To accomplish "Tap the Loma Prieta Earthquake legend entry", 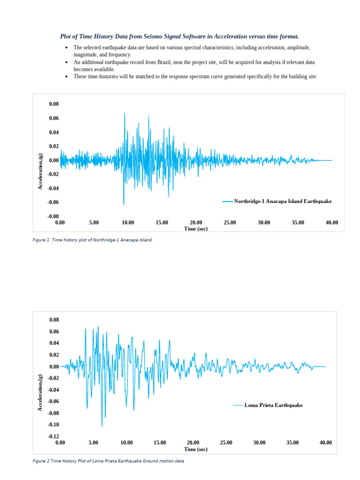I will [273, 405].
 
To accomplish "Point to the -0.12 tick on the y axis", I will [54, 436].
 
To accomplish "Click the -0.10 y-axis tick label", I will [54, 424].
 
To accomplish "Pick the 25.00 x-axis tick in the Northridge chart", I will [230, 222].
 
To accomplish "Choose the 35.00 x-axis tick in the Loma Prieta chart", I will [292, 442].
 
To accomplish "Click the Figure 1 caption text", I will [92, 240].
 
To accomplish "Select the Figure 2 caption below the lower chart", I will [108, 461].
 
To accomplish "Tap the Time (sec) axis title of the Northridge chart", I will [196, 229].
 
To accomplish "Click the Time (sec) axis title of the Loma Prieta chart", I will [196, 449].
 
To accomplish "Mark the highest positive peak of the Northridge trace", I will [124, 113].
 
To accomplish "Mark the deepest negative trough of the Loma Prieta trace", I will [102, 426].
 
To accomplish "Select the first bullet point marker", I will [67, 48].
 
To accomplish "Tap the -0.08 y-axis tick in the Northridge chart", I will [54, 216].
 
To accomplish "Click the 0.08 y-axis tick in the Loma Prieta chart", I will [54, 320].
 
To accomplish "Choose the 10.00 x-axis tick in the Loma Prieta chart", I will [127, 442].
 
